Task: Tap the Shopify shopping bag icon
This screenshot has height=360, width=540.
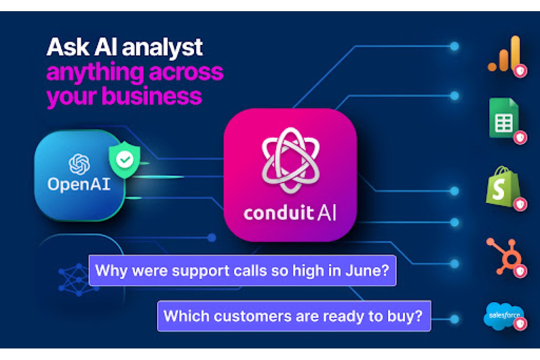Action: click(x=503, y=186)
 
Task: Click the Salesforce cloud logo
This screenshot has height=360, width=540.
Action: click(x=504, y=316)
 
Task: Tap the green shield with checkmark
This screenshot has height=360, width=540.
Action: click(x=125, y=159)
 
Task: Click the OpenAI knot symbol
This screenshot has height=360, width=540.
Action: click(x=79, y=164)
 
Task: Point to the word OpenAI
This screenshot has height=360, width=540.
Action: click(x=79, y=184)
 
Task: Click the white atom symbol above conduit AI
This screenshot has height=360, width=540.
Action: click(x=291, y=160)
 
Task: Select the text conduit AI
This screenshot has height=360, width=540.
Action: click(x=290, y=213)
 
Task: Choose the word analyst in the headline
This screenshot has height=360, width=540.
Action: click(x=162, y=47)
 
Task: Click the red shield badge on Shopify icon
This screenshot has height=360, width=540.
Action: click(x=520, y=204)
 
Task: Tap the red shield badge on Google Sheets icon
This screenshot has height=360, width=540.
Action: click(x=520, y=138)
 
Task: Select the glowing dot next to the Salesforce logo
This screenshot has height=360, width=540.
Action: click(x=454, y=319)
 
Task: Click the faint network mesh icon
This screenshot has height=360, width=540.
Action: click(x=78, y=280)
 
